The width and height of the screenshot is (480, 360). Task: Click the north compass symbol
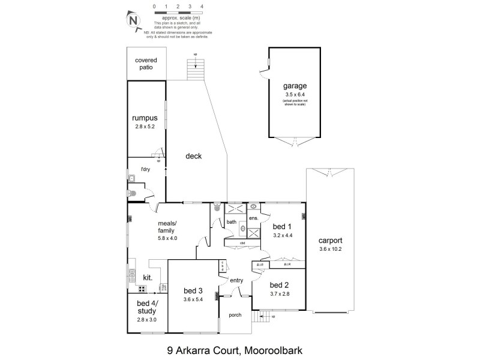pyautogui.click(x=132, y=20)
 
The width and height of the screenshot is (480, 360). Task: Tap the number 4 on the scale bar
pyautogui.click(x=202, y=7)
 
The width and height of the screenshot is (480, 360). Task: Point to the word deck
pyautogui.click(x=193, y=156)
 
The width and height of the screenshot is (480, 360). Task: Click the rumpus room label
pyautogui.click(x=145, y=118)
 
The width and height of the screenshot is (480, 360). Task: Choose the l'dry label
pyautogui.click(x=145, y=170)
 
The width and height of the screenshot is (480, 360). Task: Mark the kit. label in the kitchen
pyautogui.click(x=147, y=278)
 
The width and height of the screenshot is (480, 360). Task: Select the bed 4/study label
pyautogui.click(x=146, y=307)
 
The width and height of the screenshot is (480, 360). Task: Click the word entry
pyautogui.click(x=236, y=280)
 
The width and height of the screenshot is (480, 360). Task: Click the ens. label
pyautogui.click(x=253, y=218)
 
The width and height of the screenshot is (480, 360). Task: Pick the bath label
pyautogui.click(x=232, y=222)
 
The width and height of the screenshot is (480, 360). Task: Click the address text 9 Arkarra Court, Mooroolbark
pyautogui.click(x=239, y=347)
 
